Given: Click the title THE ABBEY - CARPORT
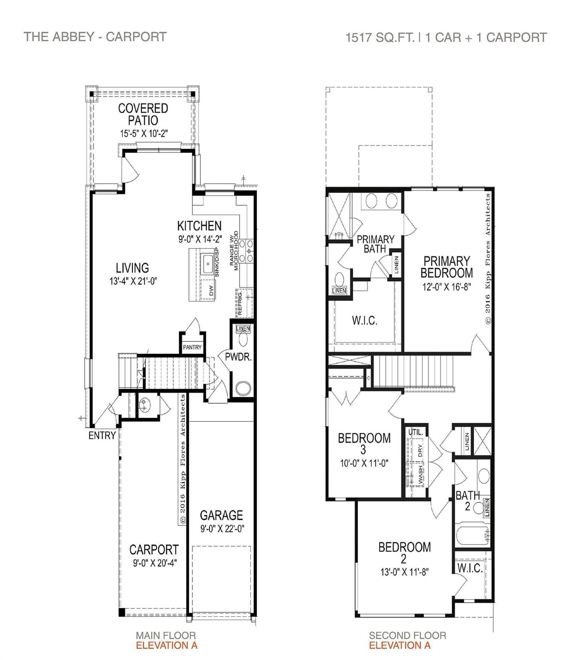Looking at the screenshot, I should (x=95, y=37).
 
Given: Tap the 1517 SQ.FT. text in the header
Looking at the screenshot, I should (x=380, y=37).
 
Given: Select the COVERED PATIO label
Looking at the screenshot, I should (x=143, y=114).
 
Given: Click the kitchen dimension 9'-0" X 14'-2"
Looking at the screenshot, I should (x=200, y=239).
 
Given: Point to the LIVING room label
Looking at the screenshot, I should (x=132, y=268).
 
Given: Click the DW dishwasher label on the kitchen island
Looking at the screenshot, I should (x=211, y=291).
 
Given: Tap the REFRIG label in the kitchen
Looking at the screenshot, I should (x=240, y=303).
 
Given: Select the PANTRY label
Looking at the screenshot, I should (x=192, y=347).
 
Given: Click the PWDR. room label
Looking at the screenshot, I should (x=238, y=357).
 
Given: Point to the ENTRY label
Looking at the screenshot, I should (x=102, y=436).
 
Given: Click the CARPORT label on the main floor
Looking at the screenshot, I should (x=154, y=550).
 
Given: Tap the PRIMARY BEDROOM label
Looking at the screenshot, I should (x=446, y=267).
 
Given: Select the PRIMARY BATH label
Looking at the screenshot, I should (x=376, y=244).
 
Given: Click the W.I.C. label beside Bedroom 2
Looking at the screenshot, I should (x=470, y=568).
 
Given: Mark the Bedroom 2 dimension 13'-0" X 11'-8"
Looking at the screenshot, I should (x=404, y=572).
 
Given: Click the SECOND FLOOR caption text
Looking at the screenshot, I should (x=407, y=635).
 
